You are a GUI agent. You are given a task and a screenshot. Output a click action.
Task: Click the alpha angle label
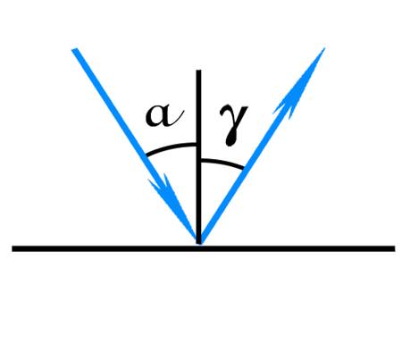163,115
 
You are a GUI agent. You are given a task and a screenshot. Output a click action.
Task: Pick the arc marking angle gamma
222,163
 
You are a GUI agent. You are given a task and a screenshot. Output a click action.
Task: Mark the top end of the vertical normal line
198,71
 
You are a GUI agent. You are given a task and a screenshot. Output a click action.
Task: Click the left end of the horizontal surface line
13,248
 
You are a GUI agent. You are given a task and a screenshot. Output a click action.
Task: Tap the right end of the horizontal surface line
395,248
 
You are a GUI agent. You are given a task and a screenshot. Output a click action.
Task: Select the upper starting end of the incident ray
74,49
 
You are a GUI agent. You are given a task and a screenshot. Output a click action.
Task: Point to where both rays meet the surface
199,244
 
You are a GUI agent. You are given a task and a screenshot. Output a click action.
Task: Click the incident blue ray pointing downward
137,147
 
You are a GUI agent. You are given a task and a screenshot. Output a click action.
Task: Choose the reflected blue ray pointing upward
262,146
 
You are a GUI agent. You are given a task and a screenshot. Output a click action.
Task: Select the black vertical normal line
198,157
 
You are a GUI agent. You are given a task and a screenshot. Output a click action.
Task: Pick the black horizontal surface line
204,248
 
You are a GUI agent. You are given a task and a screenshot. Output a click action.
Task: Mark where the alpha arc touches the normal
197,145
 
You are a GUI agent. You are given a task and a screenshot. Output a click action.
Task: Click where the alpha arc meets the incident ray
146,155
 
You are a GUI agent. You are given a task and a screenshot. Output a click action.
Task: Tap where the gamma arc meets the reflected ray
245,169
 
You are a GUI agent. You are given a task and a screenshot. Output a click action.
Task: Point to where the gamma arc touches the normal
201,161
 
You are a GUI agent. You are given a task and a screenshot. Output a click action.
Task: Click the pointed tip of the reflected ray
324,48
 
